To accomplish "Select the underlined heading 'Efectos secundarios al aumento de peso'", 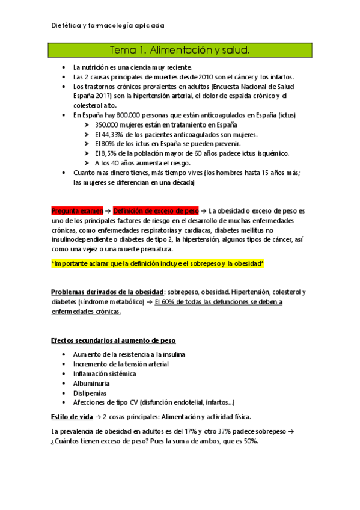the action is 113,340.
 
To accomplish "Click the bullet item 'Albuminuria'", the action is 91,383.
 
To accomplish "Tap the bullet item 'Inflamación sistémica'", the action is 105,373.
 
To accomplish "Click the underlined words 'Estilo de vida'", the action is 72,416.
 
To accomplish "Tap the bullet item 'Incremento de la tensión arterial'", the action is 121,364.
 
